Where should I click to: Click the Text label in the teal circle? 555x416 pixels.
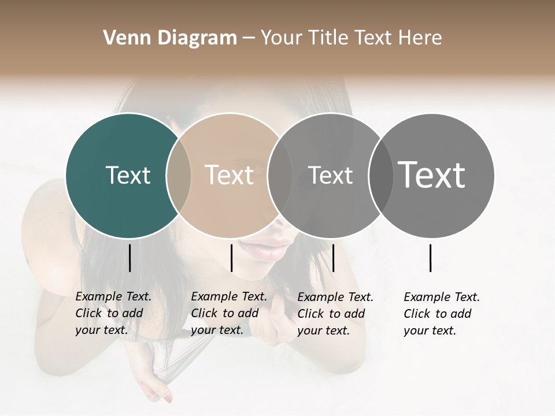(x=128, y=175)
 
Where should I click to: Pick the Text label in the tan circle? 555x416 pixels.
(x=230, y=175)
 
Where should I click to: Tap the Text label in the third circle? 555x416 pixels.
(x=330, y=175)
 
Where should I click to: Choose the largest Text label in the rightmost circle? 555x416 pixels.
(x=432, y=175)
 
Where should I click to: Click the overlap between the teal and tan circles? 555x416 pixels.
(x=179, y=175)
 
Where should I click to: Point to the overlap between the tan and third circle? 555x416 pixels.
(x=280, y=175)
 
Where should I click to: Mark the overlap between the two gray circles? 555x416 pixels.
(x=380, y=175)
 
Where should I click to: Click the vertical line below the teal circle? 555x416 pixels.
(x=129, y=258)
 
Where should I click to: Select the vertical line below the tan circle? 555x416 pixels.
(x=231, y=258)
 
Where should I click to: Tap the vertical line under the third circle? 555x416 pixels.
(x=333, y=258)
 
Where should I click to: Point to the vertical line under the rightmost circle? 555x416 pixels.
(x=431, y=258)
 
